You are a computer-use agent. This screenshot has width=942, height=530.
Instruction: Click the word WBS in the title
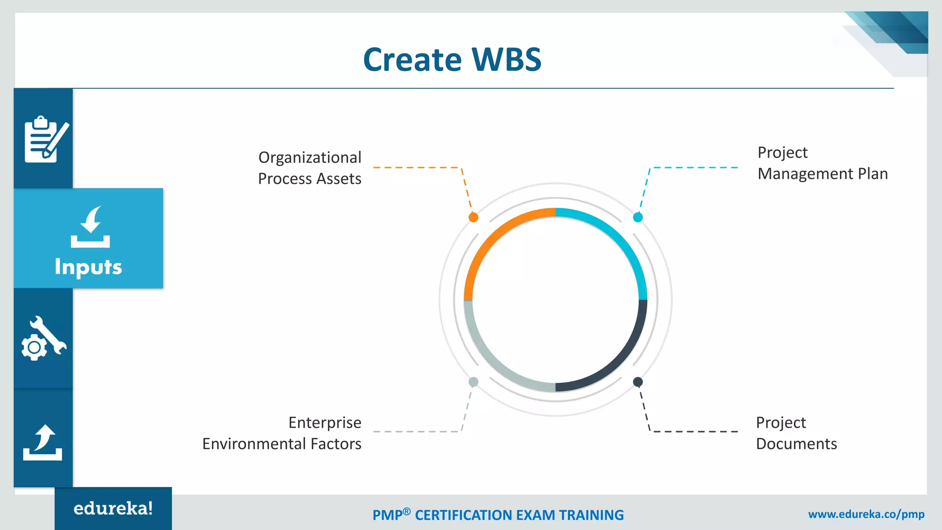click(506, 60)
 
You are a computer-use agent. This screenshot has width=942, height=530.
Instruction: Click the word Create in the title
click(412, 60)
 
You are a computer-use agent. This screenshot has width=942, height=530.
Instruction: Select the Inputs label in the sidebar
click(88, 267)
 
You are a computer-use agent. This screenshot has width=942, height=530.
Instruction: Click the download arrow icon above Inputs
click(90, 227)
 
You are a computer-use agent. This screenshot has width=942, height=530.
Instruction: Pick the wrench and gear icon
click(44, 339)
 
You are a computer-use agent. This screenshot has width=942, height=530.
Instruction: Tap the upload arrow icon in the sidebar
click(43, 443)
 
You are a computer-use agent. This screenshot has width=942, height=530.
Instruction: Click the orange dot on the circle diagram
click(473, 217)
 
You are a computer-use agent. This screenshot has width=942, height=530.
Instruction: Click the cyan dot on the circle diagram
click(638, 217)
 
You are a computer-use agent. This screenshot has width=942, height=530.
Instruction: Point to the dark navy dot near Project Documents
click(638, 381)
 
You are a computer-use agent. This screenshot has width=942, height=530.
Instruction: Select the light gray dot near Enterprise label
click(473, 381)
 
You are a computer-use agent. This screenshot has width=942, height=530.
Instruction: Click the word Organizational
click(310, 157)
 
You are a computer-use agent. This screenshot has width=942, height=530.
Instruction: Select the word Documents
click(796, 444)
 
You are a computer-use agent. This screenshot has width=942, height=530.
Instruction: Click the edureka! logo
click(113, 508)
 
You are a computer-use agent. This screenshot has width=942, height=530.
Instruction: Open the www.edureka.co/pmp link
click(866, 514)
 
